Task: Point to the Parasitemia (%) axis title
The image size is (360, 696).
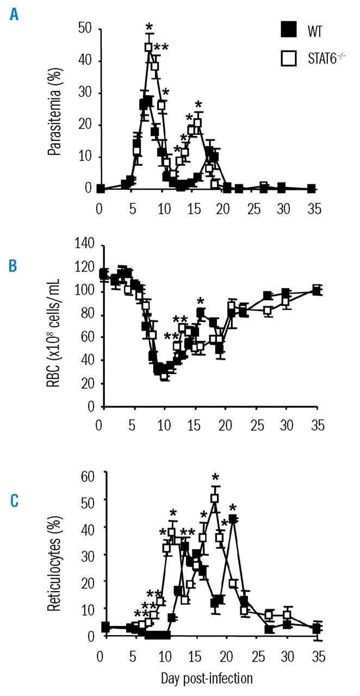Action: coord(54,108)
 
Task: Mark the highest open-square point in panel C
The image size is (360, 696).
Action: coord(215,498)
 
